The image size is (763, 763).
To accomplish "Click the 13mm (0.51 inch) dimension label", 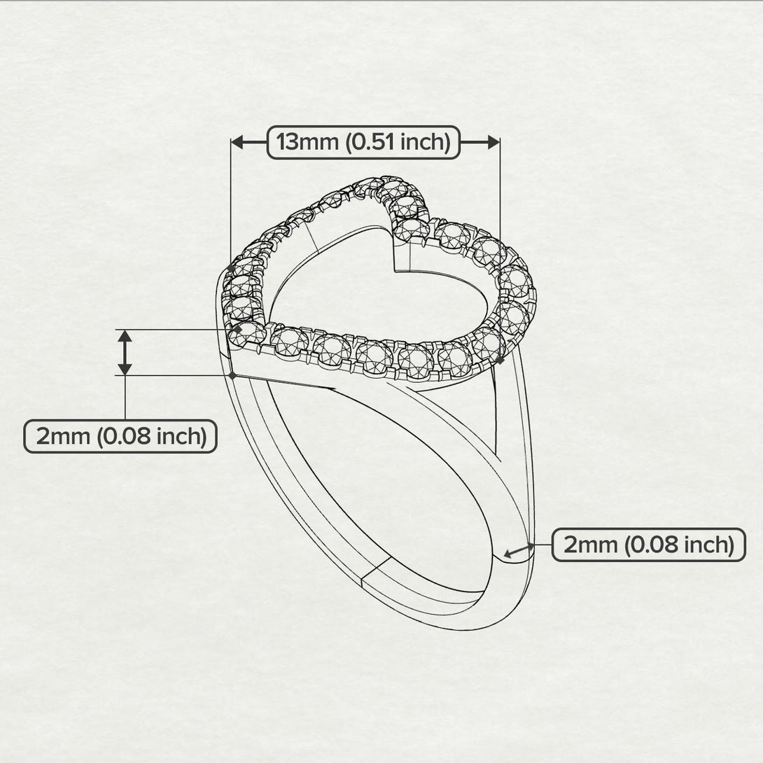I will pyautogui.click(x=363, y=143).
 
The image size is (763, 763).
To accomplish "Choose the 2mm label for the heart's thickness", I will pyautogui.click(x=120, y=436).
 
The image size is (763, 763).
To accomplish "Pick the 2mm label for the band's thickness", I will pyautogui.click(x=648, y=545).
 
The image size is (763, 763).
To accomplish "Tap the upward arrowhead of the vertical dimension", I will pyautogui.click(x=125, y=336).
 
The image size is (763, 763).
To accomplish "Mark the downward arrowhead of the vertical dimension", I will pyautogui.click(x=125, y=368).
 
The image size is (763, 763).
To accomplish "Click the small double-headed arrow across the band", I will pyautogui.click(x=519, y=550).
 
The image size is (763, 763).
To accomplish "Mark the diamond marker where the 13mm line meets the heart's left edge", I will pyautogui.click(x=231, y=267).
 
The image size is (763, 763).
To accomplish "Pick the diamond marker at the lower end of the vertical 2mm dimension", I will pyautogui.click(x=232, y=375).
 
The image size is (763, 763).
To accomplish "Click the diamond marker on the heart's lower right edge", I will pyautogui.click(x=500, y=359).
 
